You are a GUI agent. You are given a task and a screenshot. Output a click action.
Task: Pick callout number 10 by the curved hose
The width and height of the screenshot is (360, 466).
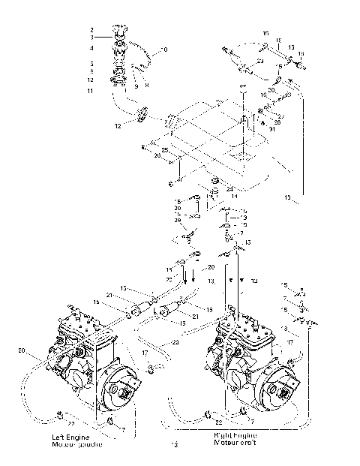click(165, 50)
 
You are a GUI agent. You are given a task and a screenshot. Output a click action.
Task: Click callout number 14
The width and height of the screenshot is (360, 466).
click(234, 196)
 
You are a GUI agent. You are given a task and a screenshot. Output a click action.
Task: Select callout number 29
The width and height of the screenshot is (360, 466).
click(177, 220)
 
